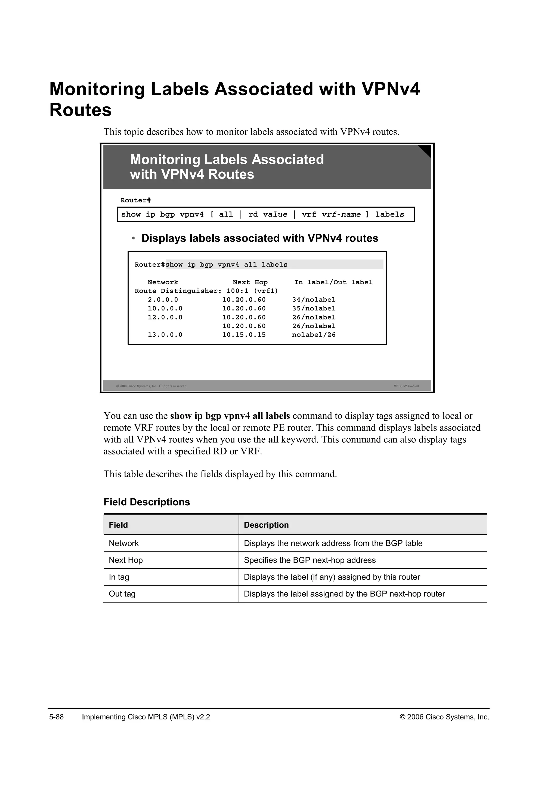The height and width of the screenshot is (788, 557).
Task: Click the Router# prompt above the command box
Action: tap(135, 201)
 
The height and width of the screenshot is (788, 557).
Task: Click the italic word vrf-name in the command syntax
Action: tap(341, 214)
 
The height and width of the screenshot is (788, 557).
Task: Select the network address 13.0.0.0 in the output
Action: tap(165, 335)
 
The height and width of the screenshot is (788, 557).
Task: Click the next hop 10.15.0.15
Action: tap(244, 335)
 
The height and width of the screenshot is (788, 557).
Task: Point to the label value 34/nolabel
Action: tap(314, 300)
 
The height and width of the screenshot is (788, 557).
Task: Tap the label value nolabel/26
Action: tap(314, 335)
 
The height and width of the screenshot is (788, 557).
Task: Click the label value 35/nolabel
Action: tap(314, 309)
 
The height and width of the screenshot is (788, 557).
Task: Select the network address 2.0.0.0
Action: tap(163, 300)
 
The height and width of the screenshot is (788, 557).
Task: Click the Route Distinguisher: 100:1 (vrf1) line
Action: tap(206, 291)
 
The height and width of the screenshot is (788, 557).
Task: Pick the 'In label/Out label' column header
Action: tap(333, 282)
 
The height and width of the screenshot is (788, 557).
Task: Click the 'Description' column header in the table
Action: tap(266, 525)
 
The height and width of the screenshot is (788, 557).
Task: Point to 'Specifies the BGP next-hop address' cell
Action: tap(310, 561)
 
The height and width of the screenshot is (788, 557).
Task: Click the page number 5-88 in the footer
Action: tap(57, 717)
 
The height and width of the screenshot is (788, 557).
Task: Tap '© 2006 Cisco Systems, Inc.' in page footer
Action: tap(444, 717)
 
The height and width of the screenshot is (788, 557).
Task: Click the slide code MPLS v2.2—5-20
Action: tap(406, 386)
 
